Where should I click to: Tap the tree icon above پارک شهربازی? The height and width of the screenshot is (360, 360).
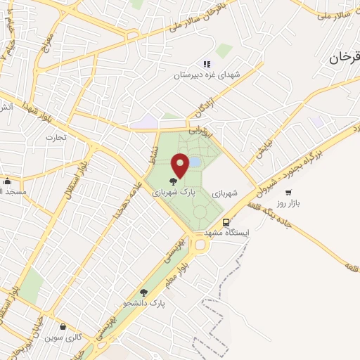pyautogui.click(x=174, y=181)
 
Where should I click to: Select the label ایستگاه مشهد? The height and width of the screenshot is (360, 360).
pyautogui.click(x=227, y=231)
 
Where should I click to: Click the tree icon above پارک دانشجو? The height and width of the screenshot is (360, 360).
pyautogui.click(x=143, y=292)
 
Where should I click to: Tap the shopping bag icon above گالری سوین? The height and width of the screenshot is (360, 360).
pyautogui.click(x=63, y=326)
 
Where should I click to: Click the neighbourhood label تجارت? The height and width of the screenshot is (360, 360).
pyautogui.click(x=56, y=137)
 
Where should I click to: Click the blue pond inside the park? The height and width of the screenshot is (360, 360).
pyautogui.click(x=194, y=162)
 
